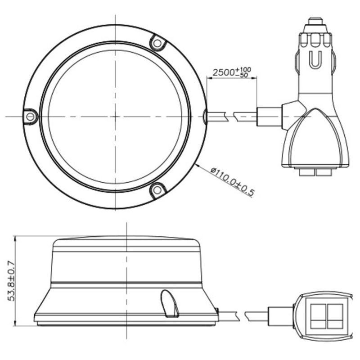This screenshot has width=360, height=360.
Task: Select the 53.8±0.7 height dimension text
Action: click(x=12, y=280)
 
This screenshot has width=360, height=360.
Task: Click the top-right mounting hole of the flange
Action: click(x=157, y=43)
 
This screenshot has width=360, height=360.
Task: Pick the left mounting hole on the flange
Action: click(x=30, y=117)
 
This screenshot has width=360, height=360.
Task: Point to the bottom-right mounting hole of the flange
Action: click(x=157, y=190)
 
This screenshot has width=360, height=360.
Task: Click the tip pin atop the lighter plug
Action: click(x=315, y=21)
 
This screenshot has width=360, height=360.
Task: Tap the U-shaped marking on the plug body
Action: click(x=315, y=60)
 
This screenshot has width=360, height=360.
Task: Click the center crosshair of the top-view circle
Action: click(x=115, y=117)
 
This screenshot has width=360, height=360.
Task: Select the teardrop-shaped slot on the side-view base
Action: click(x=170, y=303)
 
